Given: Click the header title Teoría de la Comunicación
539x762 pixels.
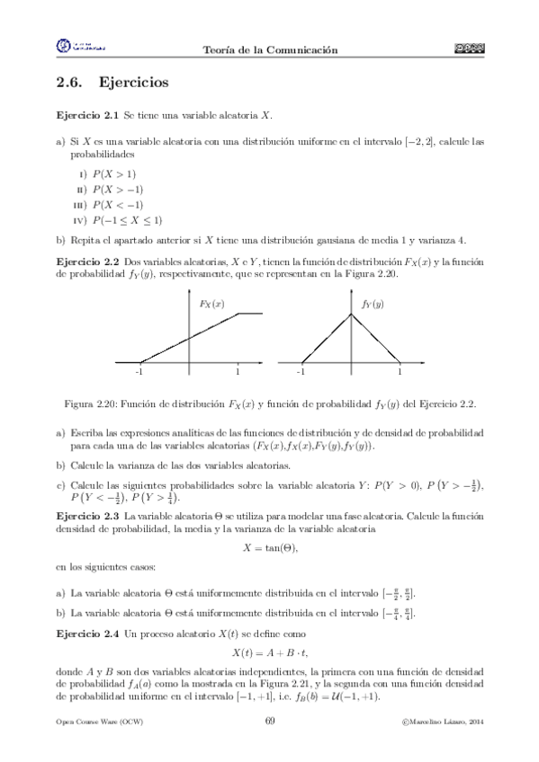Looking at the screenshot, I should pos(271,50).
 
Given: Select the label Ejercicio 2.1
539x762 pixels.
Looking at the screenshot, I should pos(87,117).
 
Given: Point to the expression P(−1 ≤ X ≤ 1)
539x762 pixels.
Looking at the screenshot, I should pos(126,219).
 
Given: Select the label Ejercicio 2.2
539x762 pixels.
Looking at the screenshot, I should pos(87,261).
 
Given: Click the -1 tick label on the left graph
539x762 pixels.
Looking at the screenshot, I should pos(139,371).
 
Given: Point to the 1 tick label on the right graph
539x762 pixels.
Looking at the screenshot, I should pos(400,371).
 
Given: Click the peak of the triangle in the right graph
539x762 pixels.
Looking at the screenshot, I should pos(351,313).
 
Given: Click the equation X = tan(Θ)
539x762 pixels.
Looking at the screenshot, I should pos(270,548).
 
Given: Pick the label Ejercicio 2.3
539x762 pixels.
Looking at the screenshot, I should pos(87,517).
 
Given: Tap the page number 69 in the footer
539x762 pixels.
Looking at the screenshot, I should pos(270,722).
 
